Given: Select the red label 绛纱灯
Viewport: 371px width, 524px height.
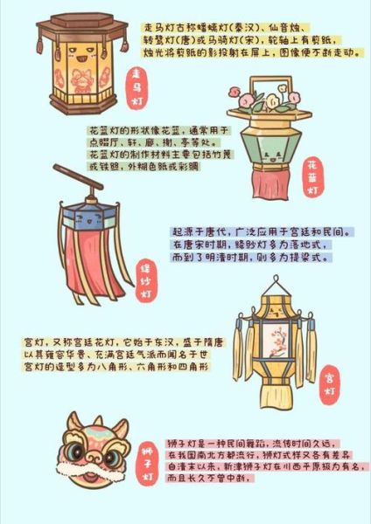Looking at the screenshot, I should pyautogui.click(x=146, y=282).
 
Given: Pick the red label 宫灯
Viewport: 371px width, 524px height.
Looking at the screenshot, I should pyautogui.click(x=330, y=378).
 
